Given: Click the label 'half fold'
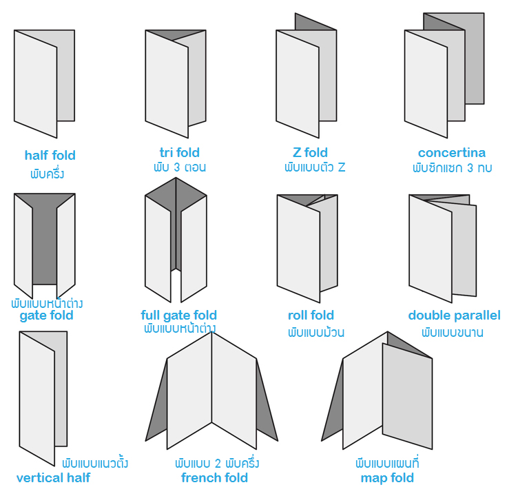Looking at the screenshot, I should (50, 156).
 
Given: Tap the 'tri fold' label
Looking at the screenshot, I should (179, 152).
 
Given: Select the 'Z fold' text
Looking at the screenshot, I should (310, 152).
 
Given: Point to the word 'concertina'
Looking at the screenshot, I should (451, 152).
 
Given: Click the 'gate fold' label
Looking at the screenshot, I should (46, 316).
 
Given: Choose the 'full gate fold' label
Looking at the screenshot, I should (179, 316).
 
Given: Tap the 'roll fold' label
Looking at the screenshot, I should (311, 316).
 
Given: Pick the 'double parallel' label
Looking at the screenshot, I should (454, 316).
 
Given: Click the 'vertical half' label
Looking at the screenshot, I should (53, 477).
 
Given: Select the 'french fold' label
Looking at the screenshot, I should (214, 477).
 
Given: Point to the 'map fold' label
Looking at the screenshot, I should (387, 477).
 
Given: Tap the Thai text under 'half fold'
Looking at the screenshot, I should (47, 172).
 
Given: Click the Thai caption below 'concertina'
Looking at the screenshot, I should (452, 167).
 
